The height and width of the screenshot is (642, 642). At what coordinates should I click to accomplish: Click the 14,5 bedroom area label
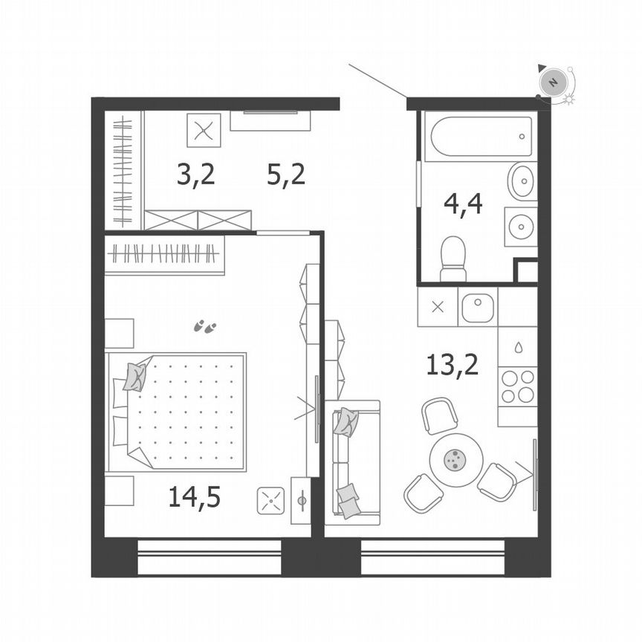tap(194, 497)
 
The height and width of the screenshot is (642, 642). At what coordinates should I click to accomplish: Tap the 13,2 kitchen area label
tap(452, 364)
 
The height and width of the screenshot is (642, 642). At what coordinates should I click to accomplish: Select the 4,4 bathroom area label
tap(463, 203)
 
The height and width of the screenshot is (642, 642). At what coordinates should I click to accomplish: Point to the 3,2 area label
tap(195, 175)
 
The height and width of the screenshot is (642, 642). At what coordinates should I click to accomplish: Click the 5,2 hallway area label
tap(286, 175)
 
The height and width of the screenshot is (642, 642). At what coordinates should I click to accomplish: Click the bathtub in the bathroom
tap(480, 136)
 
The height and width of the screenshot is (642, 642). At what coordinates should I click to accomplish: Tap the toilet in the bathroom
tap(453, 258)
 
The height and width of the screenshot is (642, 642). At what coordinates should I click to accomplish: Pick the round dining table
tap(455, 460)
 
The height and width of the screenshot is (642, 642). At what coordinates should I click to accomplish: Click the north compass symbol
tap(553, 82)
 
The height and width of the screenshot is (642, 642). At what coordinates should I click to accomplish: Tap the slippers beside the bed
tap(204, 325)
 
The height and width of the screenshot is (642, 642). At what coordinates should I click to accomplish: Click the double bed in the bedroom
tap(178, 412)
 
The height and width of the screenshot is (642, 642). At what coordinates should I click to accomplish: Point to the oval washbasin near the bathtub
tap(522, 181)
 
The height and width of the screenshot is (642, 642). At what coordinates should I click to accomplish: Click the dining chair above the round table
tap(439, 415)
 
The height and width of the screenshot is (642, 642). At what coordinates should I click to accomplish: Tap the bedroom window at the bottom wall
tap(210, 557)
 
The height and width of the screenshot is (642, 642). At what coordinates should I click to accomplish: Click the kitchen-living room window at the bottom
tap(432, 557)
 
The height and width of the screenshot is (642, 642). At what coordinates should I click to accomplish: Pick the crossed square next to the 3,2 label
tap(203, 131)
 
